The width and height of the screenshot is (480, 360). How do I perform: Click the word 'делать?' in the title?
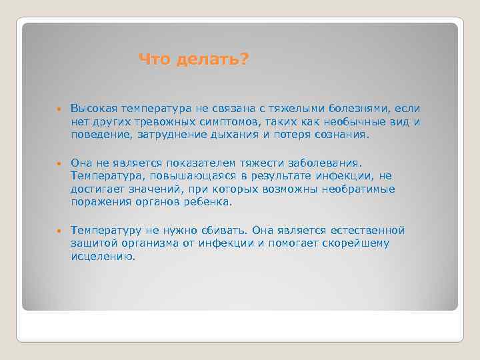(213, 61)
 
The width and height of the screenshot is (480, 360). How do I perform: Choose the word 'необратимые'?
(363, 189)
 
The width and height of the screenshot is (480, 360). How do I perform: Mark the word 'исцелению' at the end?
(103, 256)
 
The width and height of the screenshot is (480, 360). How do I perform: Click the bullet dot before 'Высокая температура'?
(59, 109)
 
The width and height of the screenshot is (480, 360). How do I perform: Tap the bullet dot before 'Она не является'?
(59, 163)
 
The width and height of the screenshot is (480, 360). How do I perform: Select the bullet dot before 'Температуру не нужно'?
(59, 231)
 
